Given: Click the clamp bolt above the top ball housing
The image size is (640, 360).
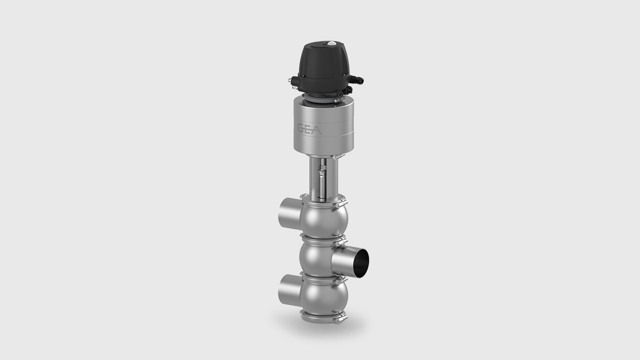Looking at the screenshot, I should [338, 203].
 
